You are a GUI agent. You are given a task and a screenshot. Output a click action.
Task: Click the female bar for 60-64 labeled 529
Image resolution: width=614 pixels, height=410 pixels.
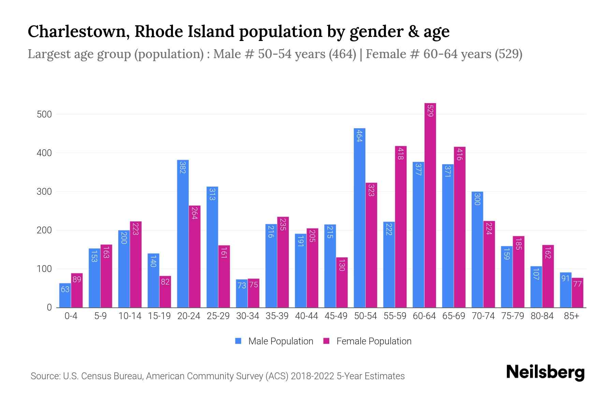click(430, 205)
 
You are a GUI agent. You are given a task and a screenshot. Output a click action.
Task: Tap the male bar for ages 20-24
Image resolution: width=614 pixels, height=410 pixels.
click(183, 234)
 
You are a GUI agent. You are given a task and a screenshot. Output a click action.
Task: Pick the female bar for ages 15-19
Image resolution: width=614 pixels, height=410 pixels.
click(165, 292)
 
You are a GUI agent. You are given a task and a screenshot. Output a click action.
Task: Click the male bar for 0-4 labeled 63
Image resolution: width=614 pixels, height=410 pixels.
click(65, 296)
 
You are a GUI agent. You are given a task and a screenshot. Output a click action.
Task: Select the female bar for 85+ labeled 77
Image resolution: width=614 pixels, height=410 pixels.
click(578, 293)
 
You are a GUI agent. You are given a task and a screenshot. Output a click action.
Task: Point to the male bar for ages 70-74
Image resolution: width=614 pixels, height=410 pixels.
click(477, 249)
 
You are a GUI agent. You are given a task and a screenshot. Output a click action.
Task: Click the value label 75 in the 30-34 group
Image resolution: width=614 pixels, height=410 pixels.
click(253, 285)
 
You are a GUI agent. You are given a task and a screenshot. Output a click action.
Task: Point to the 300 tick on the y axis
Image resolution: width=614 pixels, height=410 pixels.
click(44, 192)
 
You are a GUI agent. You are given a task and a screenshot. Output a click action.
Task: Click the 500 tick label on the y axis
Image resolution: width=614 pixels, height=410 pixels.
click(44, 114)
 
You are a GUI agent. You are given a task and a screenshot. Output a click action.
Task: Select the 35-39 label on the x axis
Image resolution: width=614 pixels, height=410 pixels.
click(277, 316)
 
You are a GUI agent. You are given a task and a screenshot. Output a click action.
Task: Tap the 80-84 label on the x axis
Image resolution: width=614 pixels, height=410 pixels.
click(542, 316)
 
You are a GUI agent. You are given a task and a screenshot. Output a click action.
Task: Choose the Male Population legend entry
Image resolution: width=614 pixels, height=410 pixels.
click(280, 341)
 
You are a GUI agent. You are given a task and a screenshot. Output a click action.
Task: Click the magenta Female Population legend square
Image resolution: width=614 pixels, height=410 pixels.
click(326, 341)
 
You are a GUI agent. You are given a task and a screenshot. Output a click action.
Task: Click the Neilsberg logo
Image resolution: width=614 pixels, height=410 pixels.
click(545, 372)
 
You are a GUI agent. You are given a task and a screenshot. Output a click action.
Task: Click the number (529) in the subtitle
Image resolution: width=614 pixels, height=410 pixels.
click(508, 54)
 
